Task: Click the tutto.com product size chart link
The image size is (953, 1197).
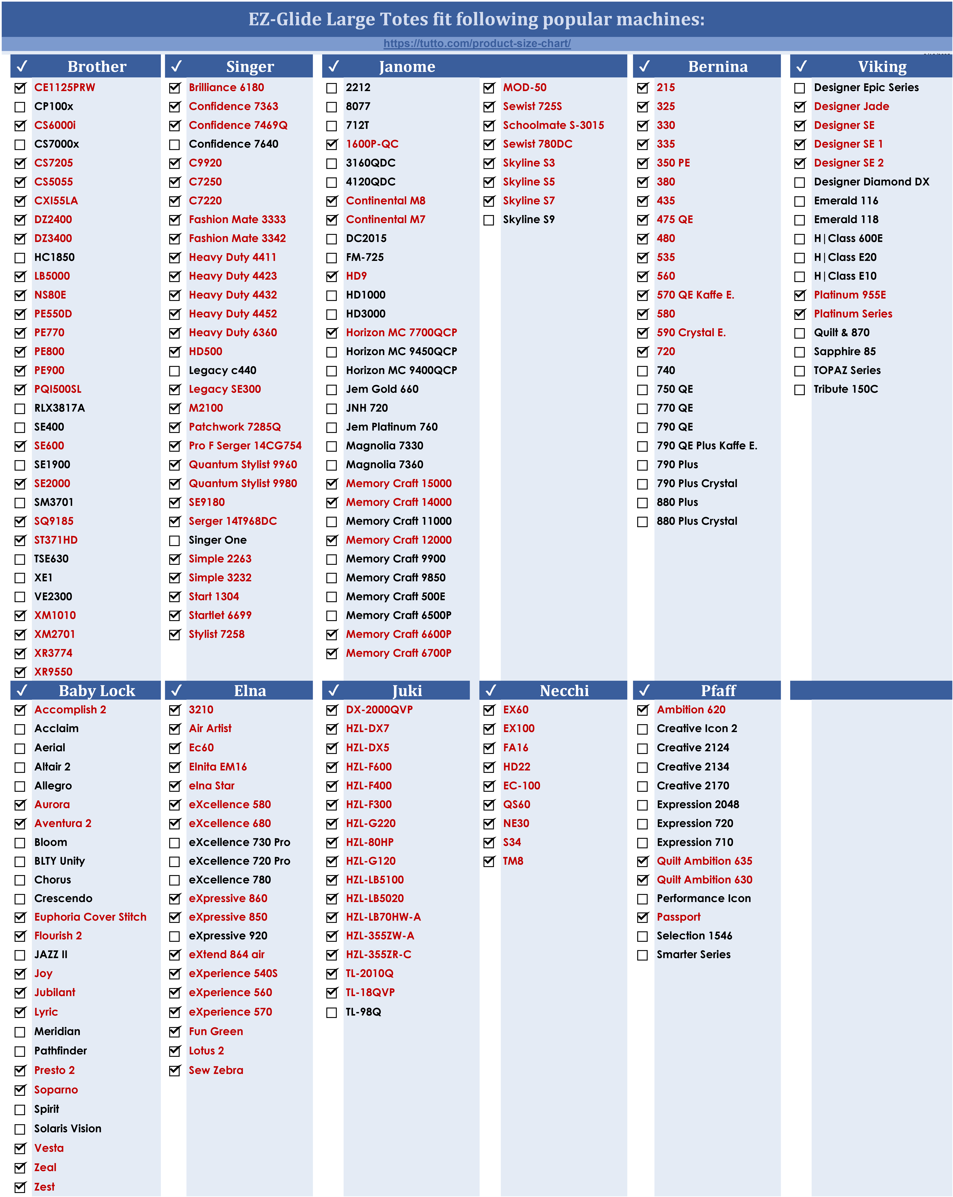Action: coord(477,43)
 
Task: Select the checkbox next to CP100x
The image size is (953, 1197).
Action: coord(20,107)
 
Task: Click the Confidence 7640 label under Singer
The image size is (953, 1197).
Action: coord(233,144)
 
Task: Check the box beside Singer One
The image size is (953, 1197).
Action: coord(175,540)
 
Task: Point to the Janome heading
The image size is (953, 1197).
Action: coord(407,67)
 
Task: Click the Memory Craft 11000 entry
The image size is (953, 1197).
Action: coord(399,521)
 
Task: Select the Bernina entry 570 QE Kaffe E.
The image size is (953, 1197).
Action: coord(695,295)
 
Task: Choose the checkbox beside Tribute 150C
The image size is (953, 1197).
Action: coord(800,390)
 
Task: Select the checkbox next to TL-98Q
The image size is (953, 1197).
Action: coord(332,1013)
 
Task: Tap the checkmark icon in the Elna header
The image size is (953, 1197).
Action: coord(176,690)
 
